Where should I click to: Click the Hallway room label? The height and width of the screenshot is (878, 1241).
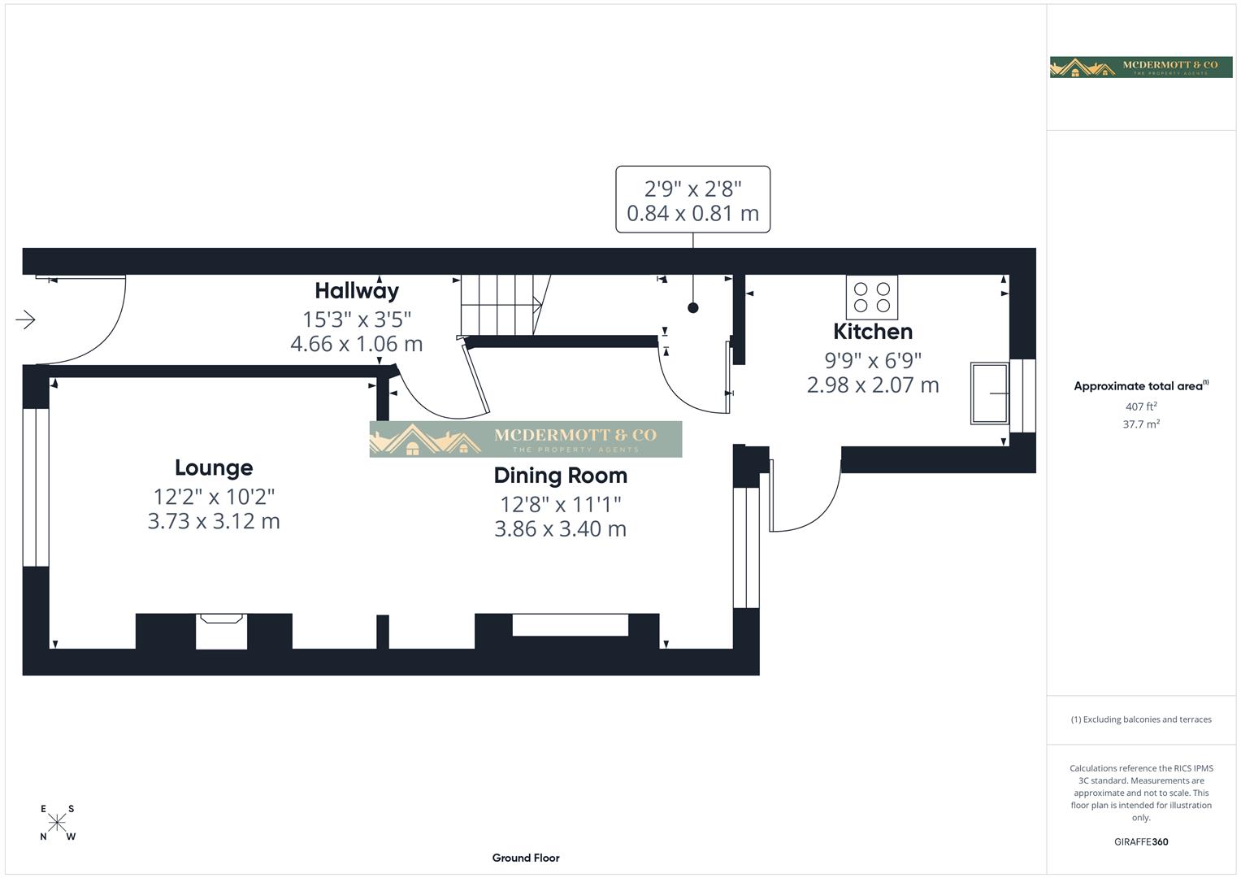(357, 290)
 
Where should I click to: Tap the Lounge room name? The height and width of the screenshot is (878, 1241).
(214, 467)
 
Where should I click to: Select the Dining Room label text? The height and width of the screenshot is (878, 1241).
(560, 476)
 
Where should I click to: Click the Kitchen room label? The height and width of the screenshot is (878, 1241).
(873, 332)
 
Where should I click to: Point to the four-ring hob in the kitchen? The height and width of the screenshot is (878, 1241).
(872, 298)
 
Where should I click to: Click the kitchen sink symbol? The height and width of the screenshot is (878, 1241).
(989, 393)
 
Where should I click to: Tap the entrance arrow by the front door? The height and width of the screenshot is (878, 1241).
(25, 319)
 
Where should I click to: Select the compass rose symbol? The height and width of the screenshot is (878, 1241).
(57, 823)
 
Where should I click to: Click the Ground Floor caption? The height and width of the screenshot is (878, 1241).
(526, 858)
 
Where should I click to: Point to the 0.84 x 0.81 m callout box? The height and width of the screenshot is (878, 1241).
(692, 200)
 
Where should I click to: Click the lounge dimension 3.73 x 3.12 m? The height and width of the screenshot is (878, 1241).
(214, 521)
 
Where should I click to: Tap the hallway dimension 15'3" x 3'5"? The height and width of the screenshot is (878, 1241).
(357, 319)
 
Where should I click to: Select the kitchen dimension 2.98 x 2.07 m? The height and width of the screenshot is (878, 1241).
(873, 385)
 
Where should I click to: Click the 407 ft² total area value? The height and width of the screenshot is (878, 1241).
(1141, 406)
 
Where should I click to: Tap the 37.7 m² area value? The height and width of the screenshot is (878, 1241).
(1141, 424)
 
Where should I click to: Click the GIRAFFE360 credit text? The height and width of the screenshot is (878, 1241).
(1141, 841)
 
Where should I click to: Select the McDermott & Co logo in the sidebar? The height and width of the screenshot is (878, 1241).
(1141, 67)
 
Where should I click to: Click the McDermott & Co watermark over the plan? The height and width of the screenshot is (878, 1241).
(526, 439)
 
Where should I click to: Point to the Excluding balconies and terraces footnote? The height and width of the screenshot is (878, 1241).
(1141, 719)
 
